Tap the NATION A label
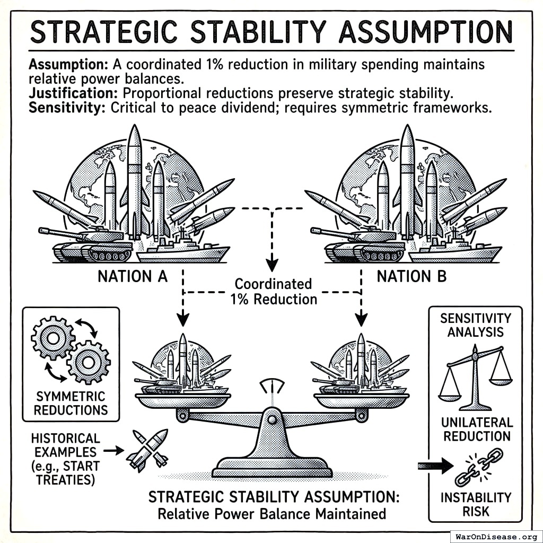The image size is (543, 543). click(x=133, y=276)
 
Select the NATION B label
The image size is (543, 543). click(x=411, y=276)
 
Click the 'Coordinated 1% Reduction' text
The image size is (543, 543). click(x=273, y=291)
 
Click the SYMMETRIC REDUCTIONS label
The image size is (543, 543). click(x=71, y=402)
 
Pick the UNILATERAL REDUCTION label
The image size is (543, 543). click(x=477, y=429)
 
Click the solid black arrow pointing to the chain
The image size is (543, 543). click(x=435, y=466)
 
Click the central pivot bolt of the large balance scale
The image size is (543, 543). click(x=272, y=419)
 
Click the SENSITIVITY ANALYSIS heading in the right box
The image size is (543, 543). click(x=475, y=325)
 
